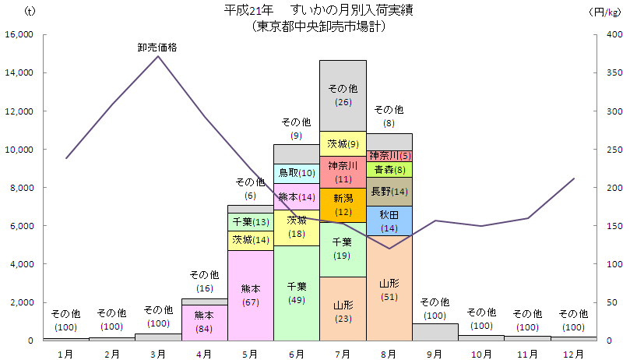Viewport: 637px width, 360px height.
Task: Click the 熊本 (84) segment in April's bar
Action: pyautogui.click(x=204, y=322)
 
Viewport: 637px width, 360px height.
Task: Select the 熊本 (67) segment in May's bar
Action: pyautogui.click(x=251, y=295)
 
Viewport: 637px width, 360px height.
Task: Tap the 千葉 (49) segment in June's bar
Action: pyautogui.click(x=297, y=292)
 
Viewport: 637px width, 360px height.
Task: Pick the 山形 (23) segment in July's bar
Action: pyautogui.click(x=343, y=309)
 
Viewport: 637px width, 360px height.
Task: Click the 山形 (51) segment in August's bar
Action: pyautogui.click(x=389, y=288)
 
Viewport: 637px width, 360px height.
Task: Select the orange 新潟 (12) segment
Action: pyautogui.click(x=343, y=204)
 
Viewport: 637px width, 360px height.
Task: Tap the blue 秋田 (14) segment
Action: pyautogui.click(x=389, y=221)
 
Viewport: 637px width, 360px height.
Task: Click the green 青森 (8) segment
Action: pyautogui.click(x=389, y=169)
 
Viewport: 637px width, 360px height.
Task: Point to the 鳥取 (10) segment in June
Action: pyautogui.click(x=297, y=173)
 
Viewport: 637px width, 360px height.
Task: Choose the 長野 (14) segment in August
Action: pyautogui.click(x=389, y=192)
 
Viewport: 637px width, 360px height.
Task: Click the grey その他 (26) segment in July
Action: pyautogui.click(x=343, y=95)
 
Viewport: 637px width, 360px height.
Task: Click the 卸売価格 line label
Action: pyautogui.click(x=157, y=47)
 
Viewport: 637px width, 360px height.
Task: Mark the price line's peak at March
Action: pyautogui.click(x=158, y=56)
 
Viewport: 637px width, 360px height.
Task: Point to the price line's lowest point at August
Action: pyautogui.click(x=389, y=249)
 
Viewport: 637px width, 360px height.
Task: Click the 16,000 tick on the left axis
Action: pyautogui.click(x=18, y=34)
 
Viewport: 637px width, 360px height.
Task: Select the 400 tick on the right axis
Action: pyautogui.click(x=614, y=34)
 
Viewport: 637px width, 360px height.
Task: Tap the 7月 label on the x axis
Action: pyautogui.click(x=343, y=353)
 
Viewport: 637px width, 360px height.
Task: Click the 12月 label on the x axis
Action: pyautogui.click(x=573, y=353)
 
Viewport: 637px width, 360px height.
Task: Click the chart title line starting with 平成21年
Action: pyautogui.click(x=319, y=10)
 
